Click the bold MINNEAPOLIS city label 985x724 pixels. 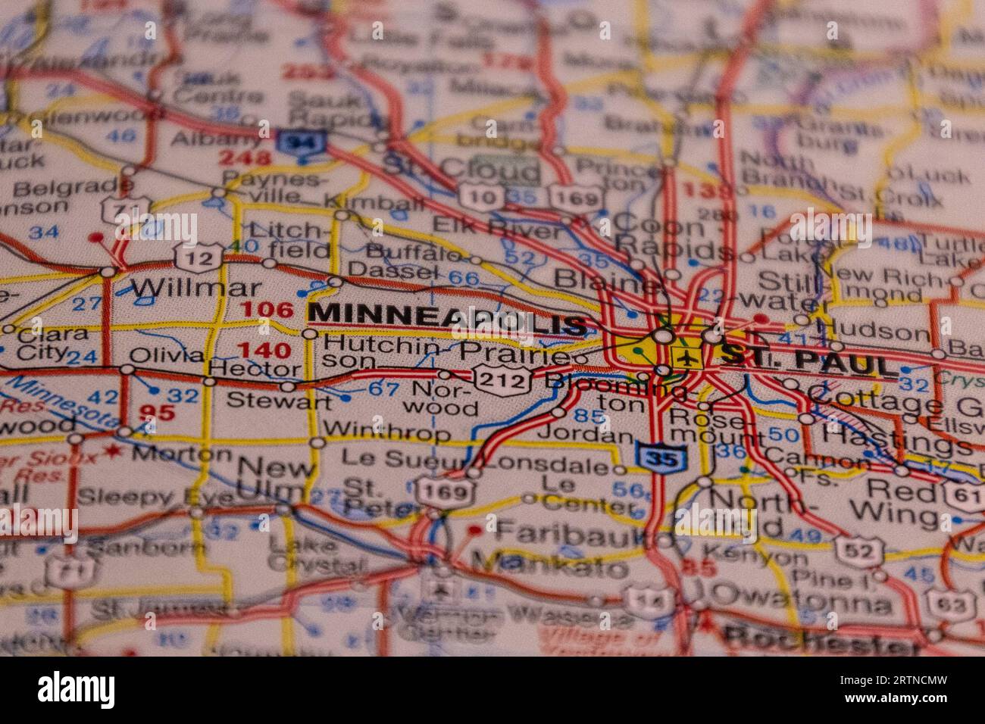[448, 319]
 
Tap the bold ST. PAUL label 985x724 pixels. [808, 360]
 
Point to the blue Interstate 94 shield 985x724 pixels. [301, 142]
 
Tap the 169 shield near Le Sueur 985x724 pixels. [446, 492]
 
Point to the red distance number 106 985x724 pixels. [266, 310]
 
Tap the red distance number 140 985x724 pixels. [264, 350]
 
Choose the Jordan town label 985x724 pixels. [585, 436]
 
